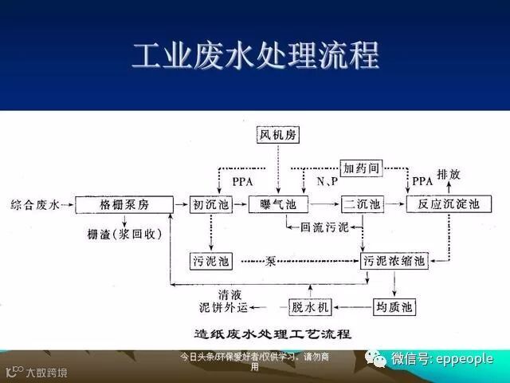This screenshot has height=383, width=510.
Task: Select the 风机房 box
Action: (278, 135)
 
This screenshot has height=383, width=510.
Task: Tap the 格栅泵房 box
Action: (124, 205)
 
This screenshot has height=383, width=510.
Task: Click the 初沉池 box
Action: (210, 205)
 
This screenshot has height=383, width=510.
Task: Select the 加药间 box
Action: (363, 168)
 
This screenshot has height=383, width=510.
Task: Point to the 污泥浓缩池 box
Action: (394, 261)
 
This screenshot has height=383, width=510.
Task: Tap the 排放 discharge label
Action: (448, 174)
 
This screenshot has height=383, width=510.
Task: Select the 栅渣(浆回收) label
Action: (125, 234)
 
